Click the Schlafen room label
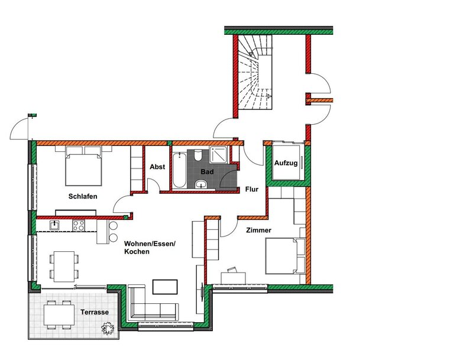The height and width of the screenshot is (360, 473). click(83, 196)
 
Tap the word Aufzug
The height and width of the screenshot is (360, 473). click(286, 163)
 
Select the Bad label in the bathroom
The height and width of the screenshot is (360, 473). click(208, 171)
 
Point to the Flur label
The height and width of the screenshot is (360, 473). click(252, 189)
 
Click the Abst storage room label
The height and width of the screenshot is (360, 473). click(157, 167)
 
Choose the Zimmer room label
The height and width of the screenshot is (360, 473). click(258, 230)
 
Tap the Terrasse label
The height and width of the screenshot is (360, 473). click(95, 312)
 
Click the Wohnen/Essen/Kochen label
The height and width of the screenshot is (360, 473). click(150, 247)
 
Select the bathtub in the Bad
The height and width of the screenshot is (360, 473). click(179, 170)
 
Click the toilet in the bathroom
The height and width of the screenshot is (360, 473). click(198, 155)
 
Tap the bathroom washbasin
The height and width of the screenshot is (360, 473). click(200, 184)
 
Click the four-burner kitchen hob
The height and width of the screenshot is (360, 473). click(79, 226)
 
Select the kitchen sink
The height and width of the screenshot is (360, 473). click(54, 225)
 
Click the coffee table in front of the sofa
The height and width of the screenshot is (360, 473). click(165, 287)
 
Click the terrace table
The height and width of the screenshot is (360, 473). click(59, 314)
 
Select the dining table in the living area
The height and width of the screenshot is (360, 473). click(64, 267)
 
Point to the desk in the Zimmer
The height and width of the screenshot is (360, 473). click(233, 278)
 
